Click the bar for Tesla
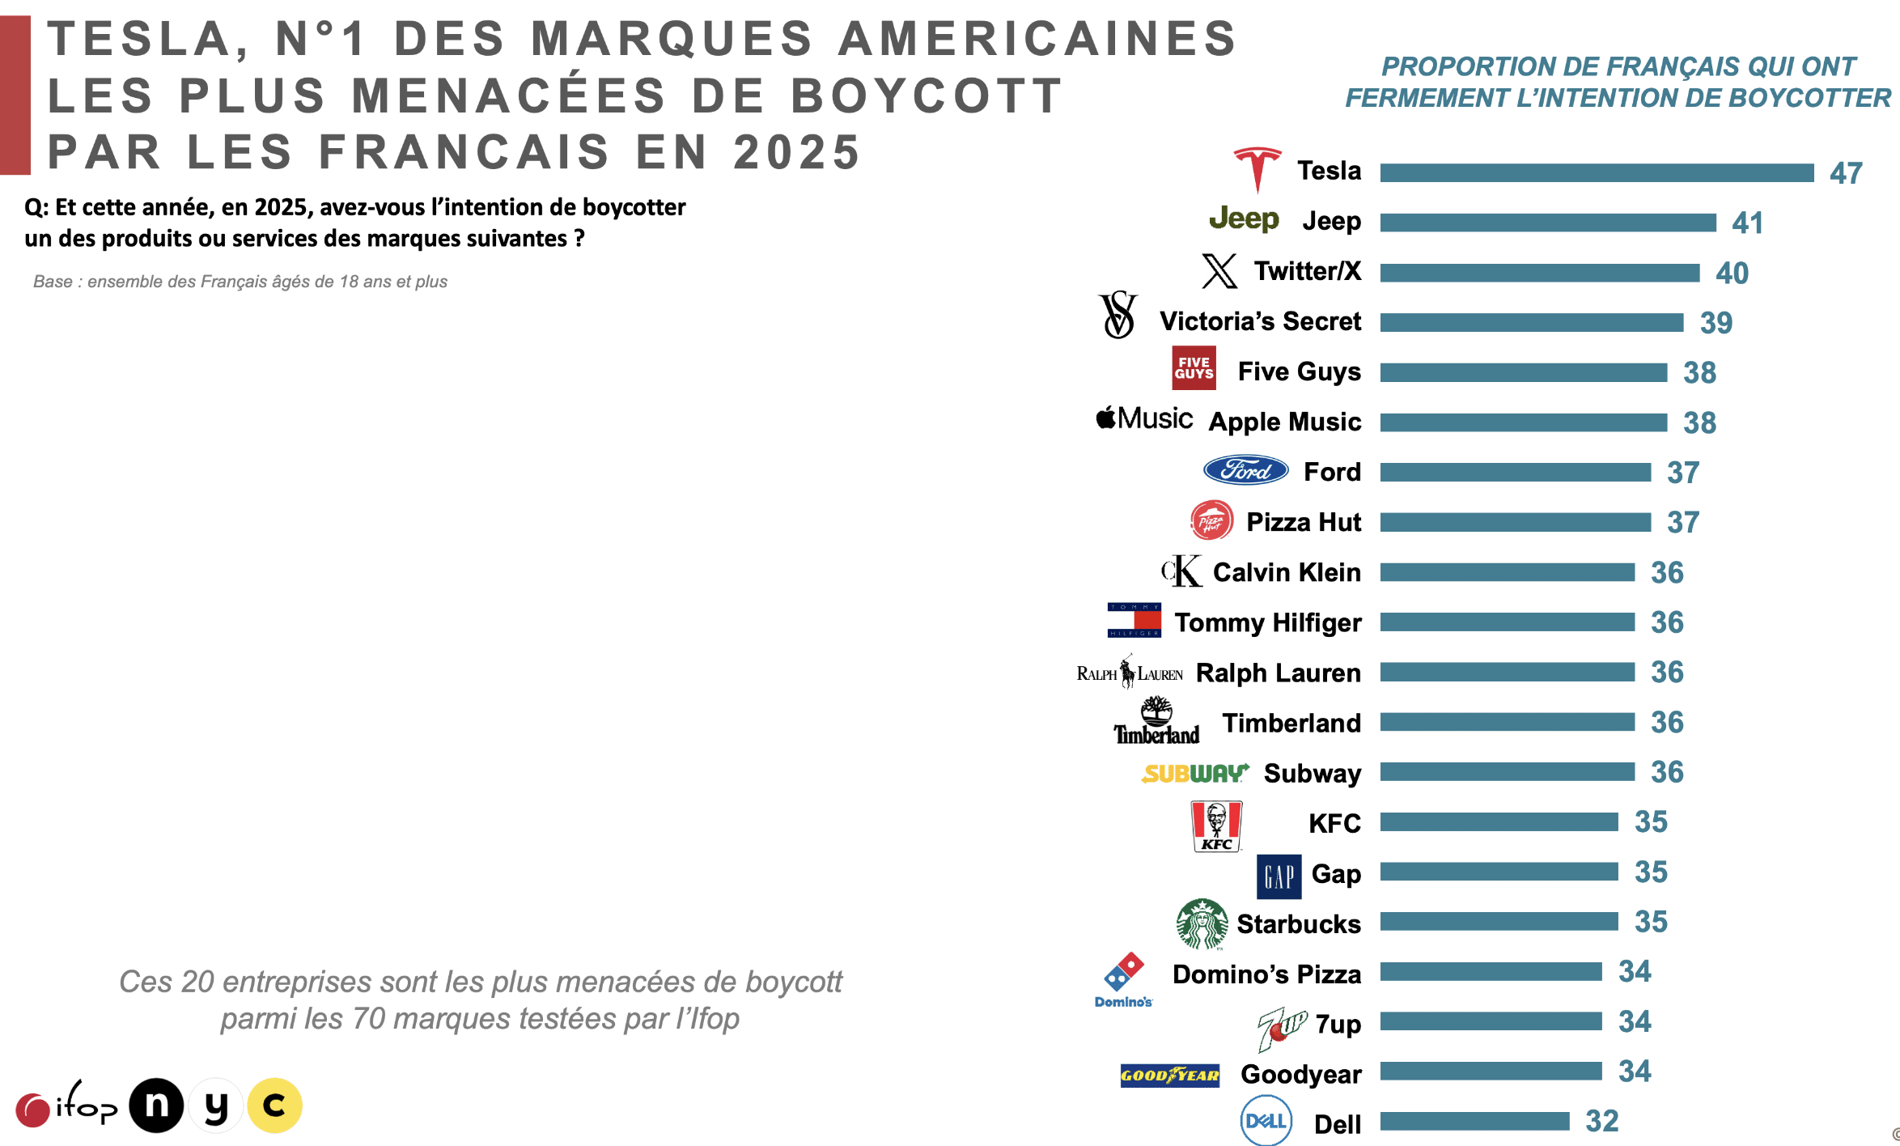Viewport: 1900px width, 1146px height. tap(1597, 172)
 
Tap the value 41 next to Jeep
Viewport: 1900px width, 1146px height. tap(1747, 223)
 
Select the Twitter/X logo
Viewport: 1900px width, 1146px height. tap(1219, 271)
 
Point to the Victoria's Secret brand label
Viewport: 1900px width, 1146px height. tap(1260, 321)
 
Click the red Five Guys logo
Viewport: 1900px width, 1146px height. tap(1194, 368)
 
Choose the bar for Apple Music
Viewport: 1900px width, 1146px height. tap(1523, 422)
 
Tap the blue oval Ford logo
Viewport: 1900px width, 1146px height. tap(1245, 470)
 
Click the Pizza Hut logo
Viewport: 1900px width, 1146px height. tap(1211, 520)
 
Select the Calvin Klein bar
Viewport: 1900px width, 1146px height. tap(1507, 572)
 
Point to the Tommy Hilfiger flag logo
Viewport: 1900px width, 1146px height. tap(1134, 620)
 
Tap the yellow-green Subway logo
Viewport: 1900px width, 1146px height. tap(1194, 774)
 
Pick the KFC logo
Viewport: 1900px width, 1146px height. tap(1216, 826)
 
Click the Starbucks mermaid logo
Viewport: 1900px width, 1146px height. tap(1202, 923)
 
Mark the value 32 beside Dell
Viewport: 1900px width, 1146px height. tap(1601, 1121)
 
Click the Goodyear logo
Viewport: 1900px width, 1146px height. tap(1169, 1075)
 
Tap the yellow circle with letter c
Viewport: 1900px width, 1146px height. tap(274, 1106)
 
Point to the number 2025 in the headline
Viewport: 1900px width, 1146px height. tap(796, 152)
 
